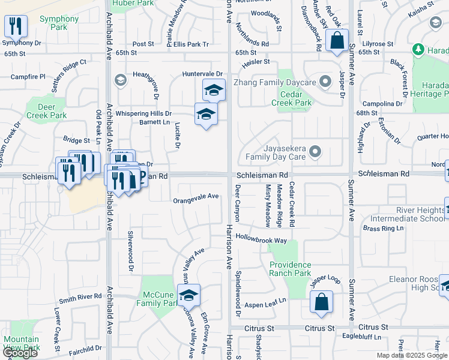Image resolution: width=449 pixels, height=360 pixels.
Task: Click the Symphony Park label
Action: (59, 23)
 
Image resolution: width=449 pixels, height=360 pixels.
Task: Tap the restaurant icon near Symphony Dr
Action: (15, 26)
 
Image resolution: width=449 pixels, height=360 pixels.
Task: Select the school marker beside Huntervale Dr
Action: (213, 90)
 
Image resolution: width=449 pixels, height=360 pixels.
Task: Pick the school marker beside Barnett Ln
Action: (205, 114)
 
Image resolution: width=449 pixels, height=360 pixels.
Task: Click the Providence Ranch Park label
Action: (290, 269)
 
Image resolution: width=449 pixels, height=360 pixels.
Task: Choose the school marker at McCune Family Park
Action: (188, 295)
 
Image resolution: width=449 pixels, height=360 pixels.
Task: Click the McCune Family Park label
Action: (157, 299)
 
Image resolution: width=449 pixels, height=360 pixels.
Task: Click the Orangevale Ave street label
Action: (196, 196)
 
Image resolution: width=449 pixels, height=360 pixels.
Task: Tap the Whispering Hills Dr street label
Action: (144, 113)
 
